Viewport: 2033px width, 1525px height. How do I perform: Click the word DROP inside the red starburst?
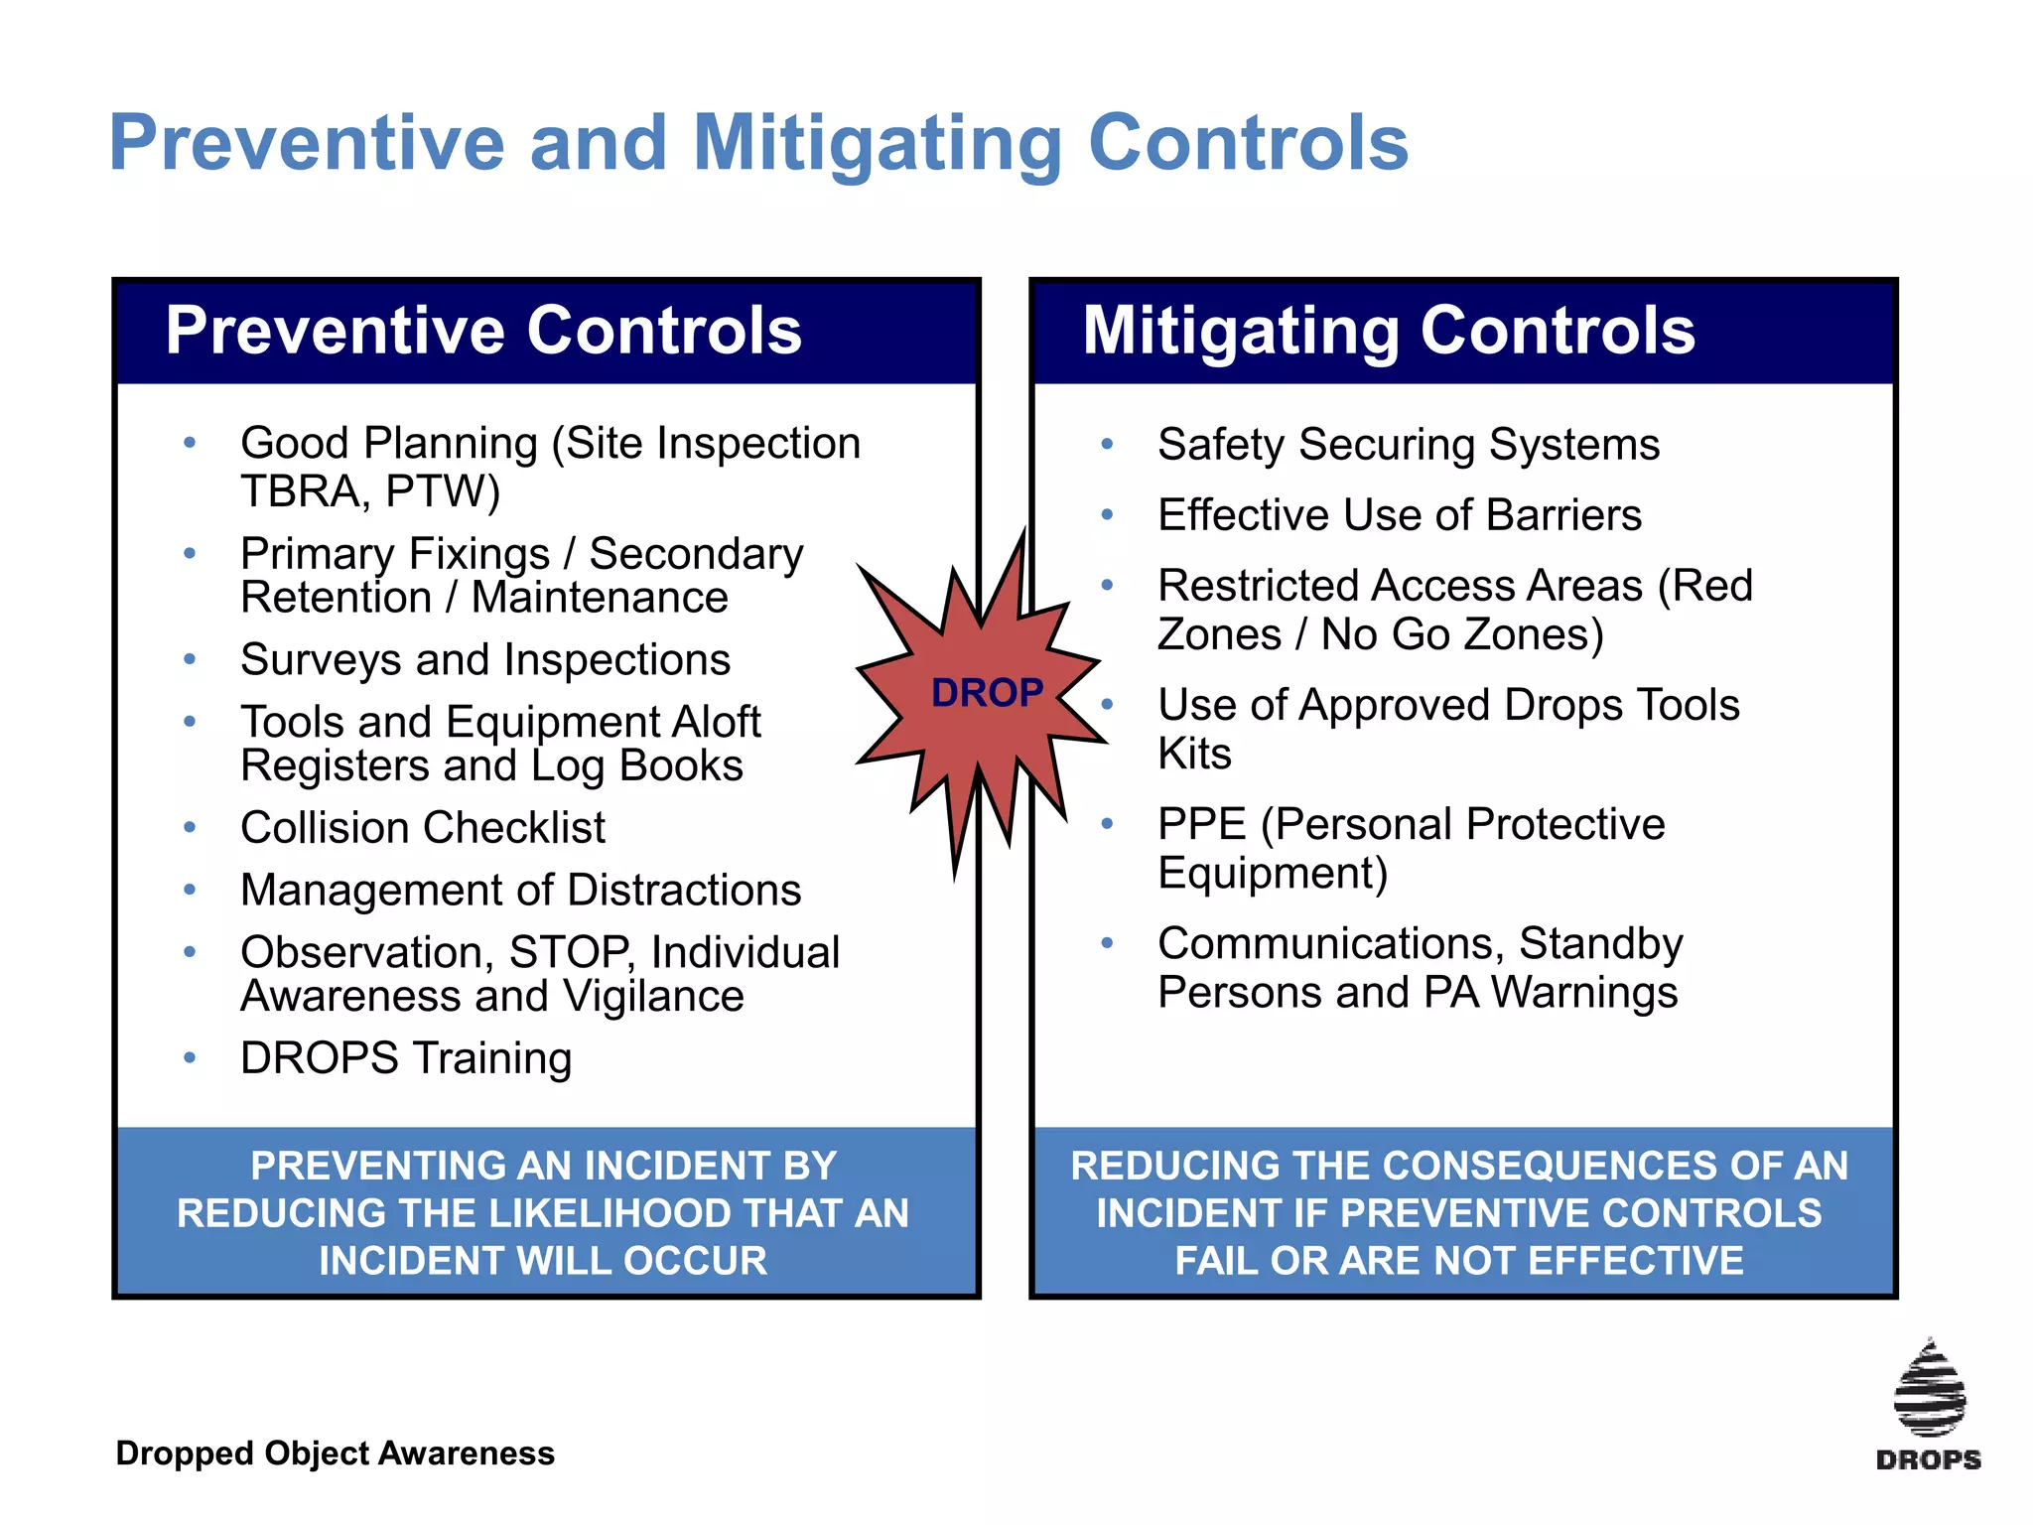click(x=987, y=692)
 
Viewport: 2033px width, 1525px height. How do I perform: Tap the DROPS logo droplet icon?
click(x=1929, y=1390)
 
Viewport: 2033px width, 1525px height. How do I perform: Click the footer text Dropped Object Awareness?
click(x=335, y=1454)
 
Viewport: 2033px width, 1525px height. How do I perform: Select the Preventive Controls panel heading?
click(x=483, y=331)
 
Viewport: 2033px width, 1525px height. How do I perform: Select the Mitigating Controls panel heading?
click(x=1389, y=331)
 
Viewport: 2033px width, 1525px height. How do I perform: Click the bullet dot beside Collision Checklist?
click(x=190, y=827)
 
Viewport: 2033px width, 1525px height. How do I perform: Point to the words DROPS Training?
click(x=406, y=1058)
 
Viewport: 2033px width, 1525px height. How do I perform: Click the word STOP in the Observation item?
click(x=570, y=952)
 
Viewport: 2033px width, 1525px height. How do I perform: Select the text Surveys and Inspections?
click(x=485, y=660)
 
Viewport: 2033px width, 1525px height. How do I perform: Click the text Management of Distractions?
click(x=520, y=891)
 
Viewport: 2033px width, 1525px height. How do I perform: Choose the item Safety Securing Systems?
click(x=1408, y=445)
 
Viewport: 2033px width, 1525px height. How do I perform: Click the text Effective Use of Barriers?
click(x=1399, y=515)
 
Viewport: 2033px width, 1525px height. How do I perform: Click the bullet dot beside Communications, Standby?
click(x=1107, y=943)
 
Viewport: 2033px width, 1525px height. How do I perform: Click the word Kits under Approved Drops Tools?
click(x=1194, y=754)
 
